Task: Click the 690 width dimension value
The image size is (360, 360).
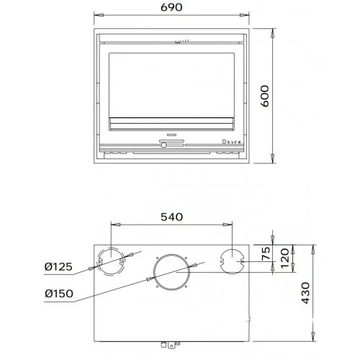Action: [171, 7]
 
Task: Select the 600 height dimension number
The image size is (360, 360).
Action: [265, 96]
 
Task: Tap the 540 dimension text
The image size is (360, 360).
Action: [171, 217]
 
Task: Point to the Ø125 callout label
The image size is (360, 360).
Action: [58, 266]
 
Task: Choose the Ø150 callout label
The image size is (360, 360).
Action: [59, 294]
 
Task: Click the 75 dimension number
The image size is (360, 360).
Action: [266, 253]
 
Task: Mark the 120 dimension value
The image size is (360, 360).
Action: [285, 258]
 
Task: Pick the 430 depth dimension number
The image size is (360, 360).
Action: [305, 293]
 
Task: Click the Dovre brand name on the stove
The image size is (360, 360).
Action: [231, 142]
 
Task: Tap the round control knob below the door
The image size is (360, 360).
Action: [163, 145]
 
